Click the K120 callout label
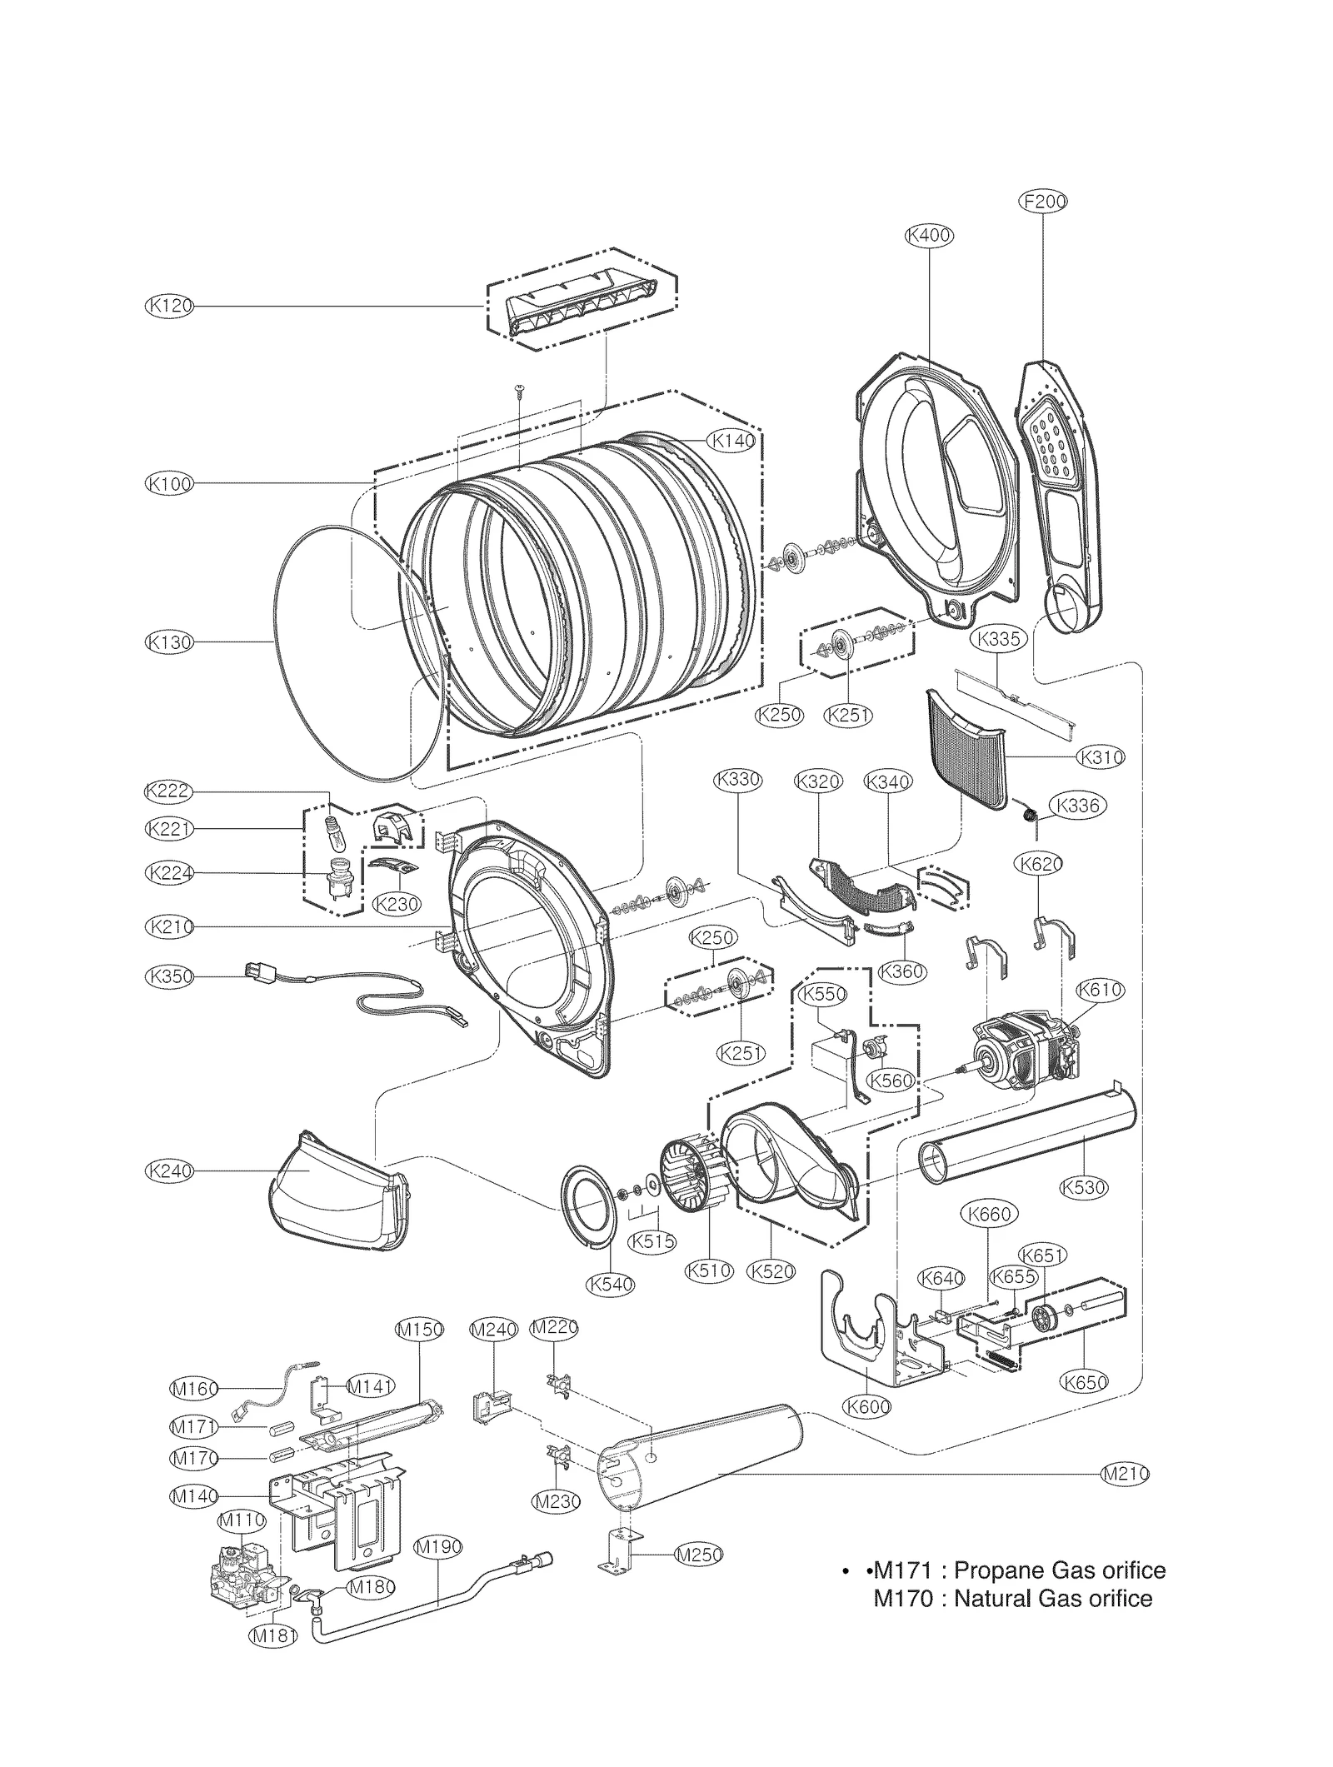[169, 307]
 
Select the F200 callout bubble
[1043, 201]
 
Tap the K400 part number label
[929, 236]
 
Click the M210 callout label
[1125, 1474]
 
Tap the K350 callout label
[169, 976]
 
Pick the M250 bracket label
[698, 1555]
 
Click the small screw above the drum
[518, 391]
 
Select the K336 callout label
[1077, 806]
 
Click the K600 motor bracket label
[866, 1407]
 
